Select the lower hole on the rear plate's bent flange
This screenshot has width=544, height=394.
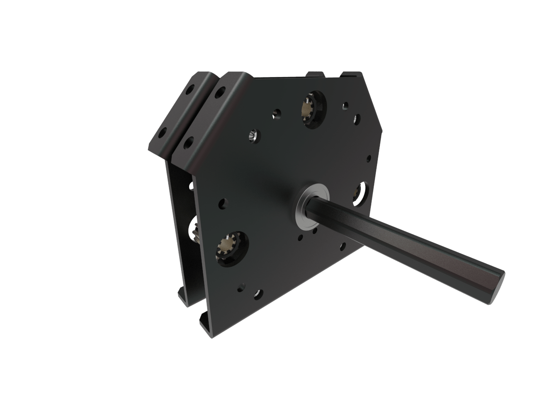162,133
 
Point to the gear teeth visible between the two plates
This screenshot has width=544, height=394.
195,232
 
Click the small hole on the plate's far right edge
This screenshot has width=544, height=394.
369,158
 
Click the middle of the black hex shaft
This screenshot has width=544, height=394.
406,241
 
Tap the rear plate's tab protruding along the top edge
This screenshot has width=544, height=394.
316,74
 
